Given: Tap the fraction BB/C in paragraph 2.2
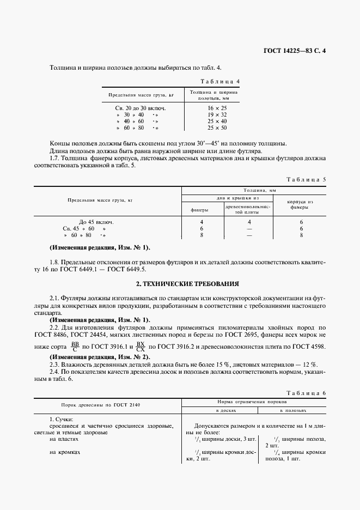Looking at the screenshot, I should click(x=75, y=347).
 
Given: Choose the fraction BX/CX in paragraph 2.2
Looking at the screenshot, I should click(x=141, y=347).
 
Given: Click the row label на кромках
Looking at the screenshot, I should click(x=65, y=452).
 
